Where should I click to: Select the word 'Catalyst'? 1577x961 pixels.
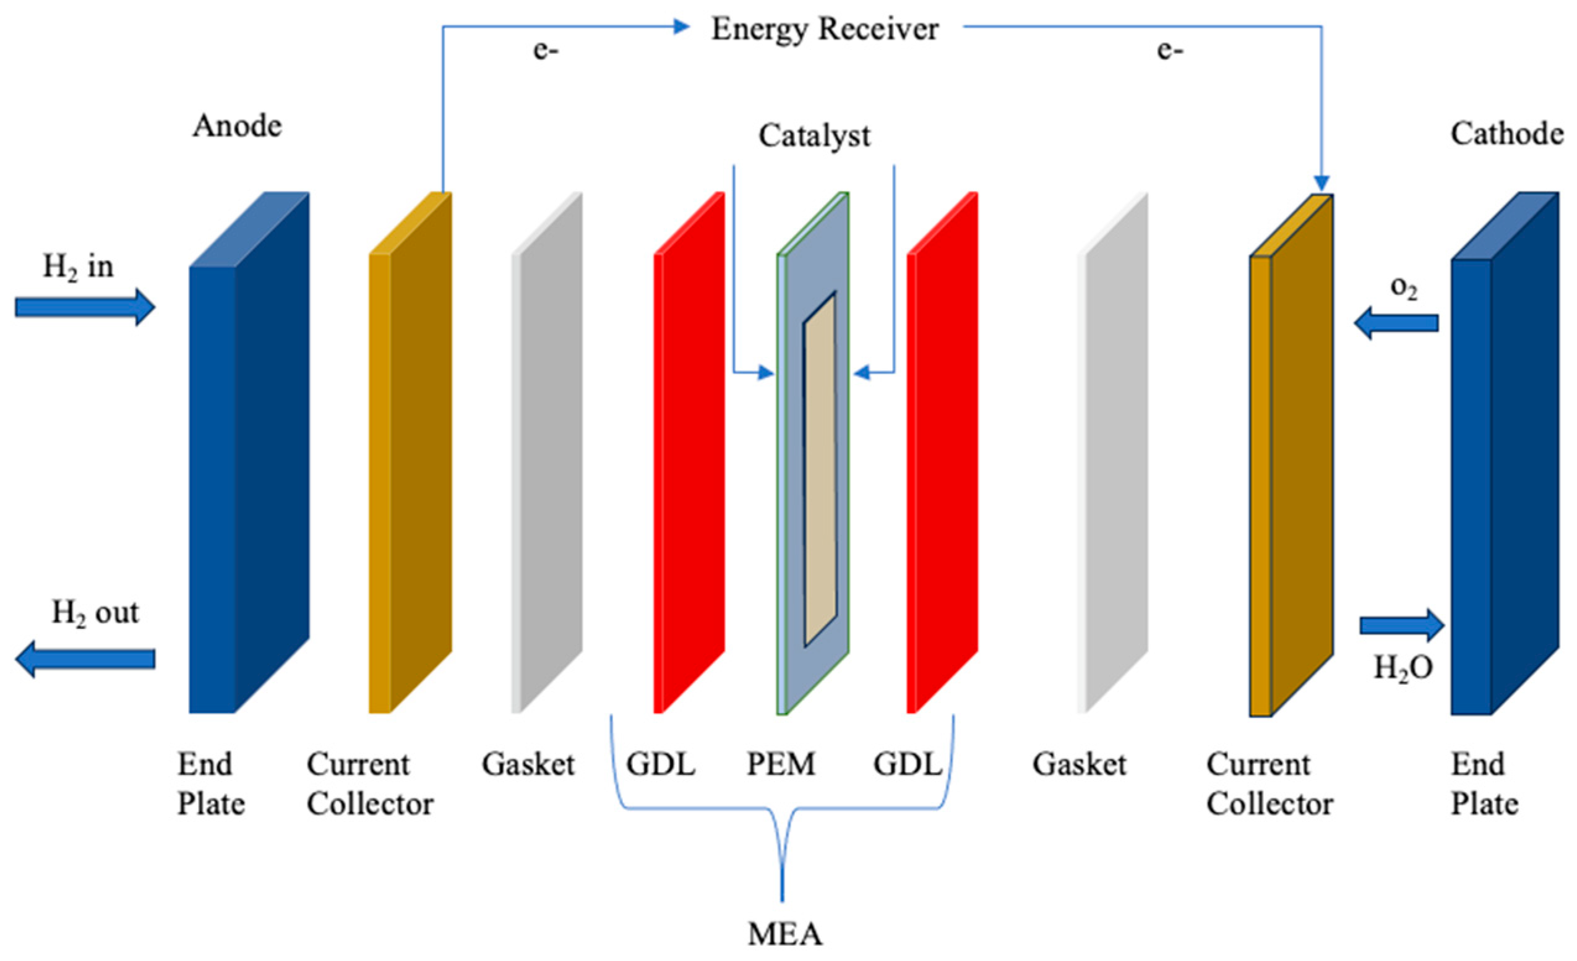(814, 135)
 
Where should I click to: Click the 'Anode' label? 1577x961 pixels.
(237, 126)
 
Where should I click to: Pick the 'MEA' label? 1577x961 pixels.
(784, 934)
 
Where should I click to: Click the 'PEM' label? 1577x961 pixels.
(781, 764)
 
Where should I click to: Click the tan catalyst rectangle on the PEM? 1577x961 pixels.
(820, 470)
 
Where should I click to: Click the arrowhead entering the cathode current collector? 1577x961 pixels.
(1321, 184)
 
